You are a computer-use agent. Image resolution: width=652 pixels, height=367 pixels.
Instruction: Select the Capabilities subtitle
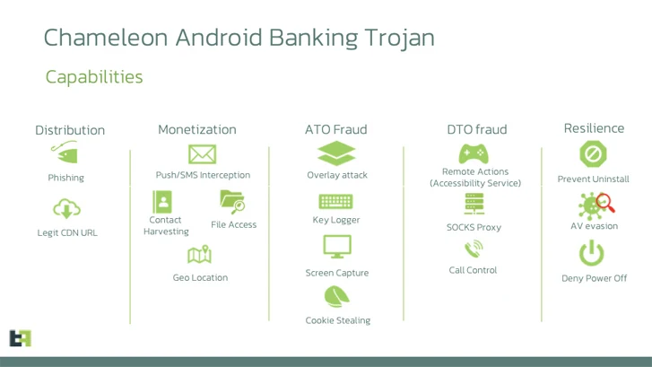pyautogui.click(x=94, y=77)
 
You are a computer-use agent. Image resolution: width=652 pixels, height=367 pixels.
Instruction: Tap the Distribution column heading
pyautogui.click(x=70, y=130)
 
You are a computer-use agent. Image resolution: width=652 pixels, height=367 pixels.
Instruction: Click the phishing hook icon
pyautogui.click(x=65, y=152)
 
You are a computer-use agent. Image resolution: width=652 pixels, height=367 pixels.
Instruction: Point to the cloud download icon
pyautogui.click(x=66, y=209)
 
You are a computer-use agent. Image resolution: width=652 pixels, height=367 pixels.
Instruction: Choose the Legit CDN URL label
pyautogui.click(x=67, y=233)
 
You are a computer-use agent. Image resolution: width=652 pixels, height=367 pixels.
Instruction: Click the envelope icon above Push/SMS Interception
pyautogui.click(x=202, y=153)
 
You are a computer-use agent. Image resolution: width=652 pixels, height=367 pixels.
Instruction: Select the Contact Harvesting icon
pyautogui.click(x=163, y=201)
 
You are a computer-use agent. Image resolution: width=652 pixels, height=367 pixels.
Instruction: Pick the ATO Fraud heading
pyautogui.click(x=335, y=130)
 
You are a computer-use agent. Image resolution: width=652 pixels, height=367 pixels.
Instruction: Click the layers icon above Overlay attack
pyautogui.click(x=336, y=153)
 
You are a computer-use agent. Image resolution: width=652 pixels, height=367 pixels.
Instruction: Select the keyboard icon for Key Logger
pyautogui.click(x=336, y=202)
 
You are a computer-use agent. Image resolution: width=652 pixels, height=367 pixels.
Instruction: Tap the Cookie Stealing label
pyautogui.click(x=337, y=320)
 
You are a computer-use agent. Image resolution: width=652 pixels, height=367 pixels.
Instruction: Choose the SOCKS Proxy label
pyautogui.click(x=474, y=228)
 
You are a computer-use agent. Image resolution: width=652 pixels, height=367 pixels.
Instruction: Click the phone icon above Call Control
pyautogui.click(x=473, y=249)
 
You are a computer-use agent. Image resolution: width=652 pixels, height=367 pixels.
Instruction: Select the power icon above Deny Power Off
pyautogui.click(x=592, y=255)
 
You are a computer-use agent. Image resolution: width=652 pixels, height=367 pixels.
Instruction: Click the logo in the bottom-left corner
pyautogui.click(x=20, y=338)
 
